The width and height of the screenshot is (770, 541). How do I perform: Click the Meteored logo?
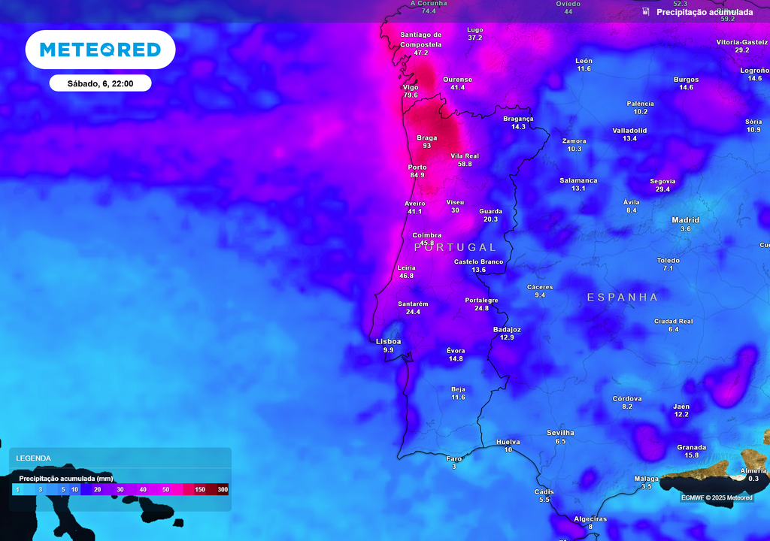tap(100, 50)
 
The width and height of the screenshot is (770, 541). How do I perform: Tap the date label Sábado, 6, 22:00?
tap(100, 83)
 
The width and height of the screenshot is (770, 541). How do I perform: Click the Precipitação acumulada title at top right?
tap(704, 12)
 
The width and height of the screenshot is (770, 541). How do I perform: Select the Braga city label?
tap(426, 138)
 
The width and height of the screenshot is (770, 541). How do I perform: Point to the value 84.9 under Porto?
tap(417, 175)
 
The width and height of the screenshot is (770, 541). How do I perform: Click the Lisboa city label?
tap(389, 341)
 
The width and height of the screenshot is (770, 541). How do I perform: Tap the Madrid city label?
tap(685, 220)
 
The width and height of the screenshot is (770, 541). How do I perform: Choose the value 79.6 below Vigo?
tap(411, 95)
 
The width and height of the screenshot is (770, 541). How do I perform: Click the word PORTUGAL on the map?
tap(456, 247)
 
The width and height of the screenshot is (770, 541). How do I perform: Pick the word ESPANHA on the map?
tap(623, 297)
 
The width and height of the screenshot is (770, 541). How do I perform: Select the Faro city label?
tap(454, 458)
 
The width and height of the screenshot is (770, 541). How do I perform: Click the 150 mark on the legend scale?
tap(200, 490)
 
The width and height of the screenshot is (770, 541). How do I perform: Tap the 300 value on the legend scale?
tap(223, 490)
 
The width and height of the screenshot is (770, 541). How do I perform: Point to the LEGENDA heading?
tap(34, 458)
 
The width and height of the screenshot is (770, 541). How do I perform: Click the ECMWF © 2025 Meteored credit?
tap(717, 497)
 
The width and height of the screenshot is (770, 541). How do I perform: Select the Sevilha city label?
tap(560, 433)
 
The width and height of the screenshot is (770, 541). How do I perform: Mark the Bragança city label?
tap(518, 119)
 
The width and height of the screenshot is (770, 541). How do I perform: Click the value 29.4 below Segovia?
tap(662, 189)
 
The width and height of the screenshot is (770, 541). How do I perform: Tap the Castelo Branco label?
tap(478, 261)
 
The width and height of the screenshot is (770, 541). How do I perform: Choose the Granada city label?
tap(691, 447)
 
